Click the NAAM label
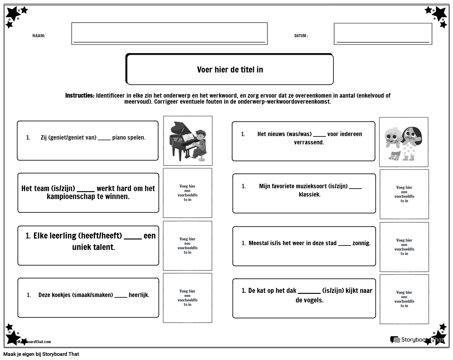[38, 36]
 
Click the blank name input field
[169, 33]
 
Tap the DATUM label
[301, 36]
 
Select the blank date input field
[383, 34]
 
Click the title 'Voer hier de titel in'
[230, 70]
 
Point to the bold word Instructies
[79, 95]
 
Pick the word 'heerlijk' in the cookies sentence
[139, 295]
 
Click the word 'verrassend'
[309, 142]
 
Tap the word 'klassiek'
[309, 194]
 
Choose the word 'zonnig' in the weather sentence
[361, 243]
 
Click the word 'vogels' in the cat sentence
[314, 300]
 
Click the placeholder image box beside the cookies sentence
[188, 298]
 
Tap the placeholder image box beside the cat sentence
[404, 299]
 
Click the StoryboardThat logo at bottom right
[416, 340]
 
